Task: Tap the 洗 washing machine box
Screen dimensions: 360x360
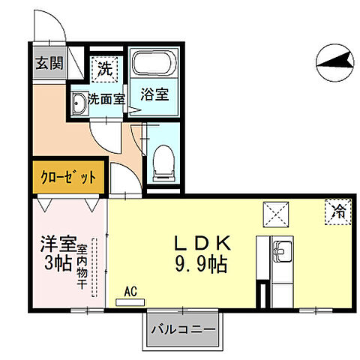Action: click(x=104, y=68)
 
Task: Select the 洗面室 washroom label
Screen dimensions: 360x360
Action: click(x=106, y=98)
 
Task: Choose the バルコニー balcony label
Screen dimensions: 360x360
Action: click(x=183, y=329)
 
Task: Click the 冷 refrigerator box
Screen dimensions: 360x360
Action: click(x=339, y=212)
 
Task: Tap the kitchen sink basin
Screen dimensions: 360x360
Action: click(x=281, y=250)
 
